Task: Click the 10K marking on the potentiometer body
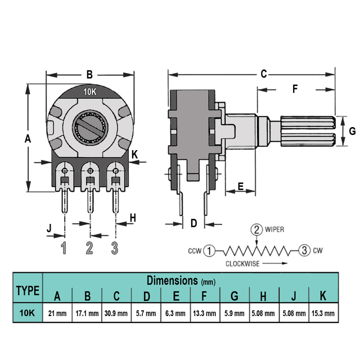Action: tap(90, 92)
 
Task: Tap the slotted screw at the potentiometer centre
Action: tap(90, 128)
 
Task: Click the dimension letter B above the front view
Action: tap(89, 75)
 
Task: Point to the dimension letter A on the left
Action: tap(28, 139)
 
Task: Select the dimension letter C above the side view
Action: tap(264, 74)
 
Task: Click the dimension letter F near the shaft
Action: tap(295, 89)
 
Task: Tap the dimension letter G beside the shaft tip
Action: tap(352, 131)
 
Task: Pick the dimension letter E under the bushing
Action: tap(241, 186)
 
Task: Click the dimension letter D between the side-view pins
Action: tap(193, 223)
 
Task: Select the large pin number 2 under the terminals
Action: tap(89, 248)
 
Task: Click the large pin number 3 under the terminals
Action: tap(115, 248)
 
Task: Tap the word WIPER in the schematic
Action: tap(274, 229)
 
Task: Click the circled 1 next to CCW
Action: tap(209, 250)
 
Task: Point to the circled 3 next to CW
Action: tap(304, 250)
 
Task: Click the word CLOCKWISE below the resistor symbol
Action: tap(242, 264)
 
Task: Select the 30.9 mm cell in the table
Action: tap(116, 313)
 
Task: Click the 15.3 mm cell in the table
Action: tap(323, 313)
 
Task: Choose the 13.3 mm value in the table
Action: tap(205, 313)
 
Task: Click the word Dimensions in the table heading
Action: tap(172, 280)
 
